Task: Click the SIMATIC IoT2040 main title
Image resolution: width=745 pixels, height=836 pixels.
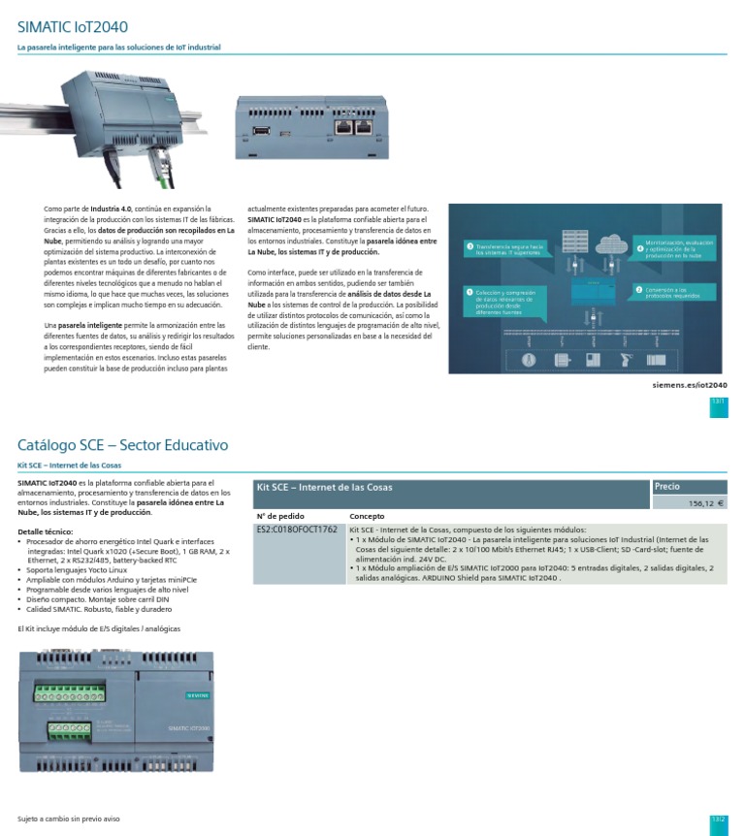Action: tap(73, 27)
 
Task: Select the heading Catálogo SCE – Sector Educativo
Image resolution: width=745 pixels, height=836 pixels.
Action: tap(122, 445)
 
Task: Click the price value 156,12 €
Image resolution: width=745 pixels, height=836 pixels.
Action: tap(706, 503)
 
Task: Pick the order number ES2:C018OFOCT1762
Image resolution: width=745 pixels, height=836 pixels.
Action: tap(297, 531)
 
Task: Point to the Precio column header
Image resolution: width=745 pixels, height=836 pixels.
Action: tap(667, 486)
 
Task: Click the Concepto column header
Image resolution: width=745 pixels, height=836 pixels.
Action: tap(367, 517)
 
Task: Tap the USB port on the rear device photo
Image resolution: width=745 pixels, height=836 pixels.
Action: tap(262, 127)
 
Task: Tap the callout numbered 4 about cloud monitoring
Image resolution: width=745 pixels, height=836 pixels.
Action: tap(675, 248)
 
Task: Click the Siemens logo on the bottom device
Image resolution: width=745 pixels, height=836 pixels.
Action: tap(197, 695)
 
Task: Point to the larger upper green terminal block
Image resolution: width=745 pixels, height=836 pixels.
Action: tap(71, 694)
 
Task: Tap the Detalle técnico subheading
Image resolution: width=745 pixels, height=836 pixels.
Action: tap(45, 532)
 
